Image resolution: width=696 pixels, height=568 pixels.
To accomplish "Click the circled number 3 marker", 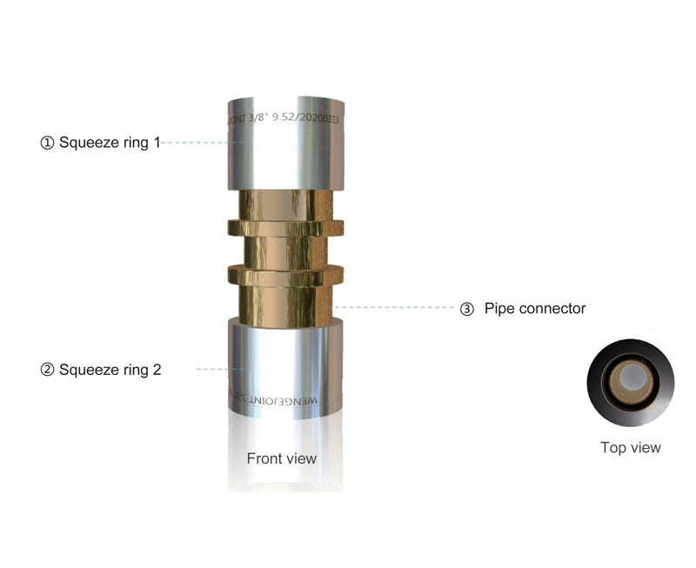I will point(467,308).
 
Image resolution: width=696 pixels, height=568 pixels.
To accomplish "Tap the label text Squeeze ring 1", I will point(110,143).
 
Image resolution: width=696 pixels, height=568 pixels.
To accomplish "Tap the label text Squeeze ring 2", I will point(110,369).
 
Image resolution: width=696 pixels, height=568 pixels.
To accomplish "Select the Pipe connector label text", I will point(535,308).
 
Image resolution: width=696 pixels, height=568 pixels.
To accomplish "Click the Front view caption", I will point(282,458).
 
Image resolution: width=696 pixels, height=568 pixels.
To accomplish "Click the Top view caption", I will point(630,448).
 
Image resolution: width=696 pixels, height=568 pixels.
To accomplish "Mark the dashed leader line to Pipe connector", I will point(391,307).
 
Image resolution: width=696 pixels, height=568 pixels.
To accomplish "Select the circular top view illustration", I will point(630,382).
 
